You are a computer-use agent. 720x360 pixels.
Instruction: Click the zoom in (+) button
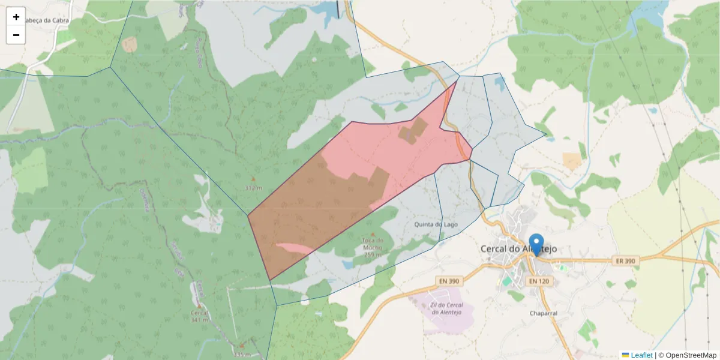pyautogui.click(x=16, y=17)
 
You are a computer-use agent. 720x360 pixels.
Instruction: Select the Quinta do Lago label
pyautogui.click(x=436, y=224)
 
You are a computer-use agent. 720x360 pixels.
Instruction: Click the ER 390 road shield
pyautogui.click(x=625, y=262)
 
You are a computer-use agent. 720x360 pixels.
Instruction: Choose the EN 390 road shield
pyautogui.click(x=449, y=281)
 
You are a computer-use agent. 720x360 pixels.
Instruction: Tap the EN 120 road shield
pyautogui.click(x=539, y=281)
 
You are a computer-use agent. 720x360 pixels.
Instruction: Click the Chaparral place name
pyautogui.click(x=544, y=313)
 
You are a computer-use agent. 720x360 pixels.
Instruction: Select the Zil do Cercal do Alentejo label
pyautogui.click(x=446, y=308)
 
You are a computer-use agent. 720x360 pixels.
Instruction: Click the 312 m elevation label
pyautogui.click(x=254, y=188)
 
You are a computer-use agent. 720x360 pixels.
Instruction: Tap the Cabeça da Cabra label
pyautogui.click(x=43, y=20)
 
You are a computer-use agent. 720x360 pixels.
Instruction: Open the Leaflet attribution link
pyautogui.click(x=641, y=355)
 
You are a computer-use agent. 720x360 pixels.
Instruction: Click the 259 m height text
pyautogui.click(x=373, y=255)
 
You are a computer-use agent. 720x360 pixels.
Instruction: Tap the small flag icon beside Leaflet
pyautogui.click(x=625, y=355)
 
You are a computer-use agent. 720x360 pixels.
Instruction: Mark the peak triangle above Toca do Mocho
pyautogui.click(x=373, y=234)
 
